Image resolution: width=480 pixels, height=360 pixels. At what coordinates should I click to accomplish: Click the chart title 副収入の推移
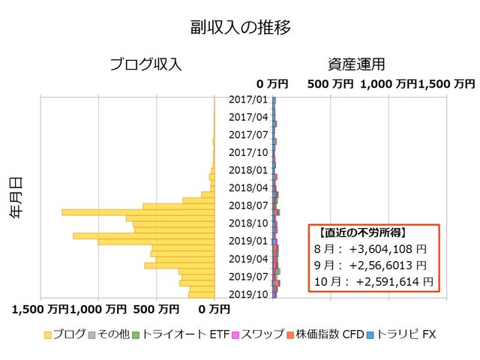240,27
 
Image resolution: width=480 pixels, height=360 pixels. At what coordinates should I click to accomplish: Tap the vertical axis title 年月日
16,197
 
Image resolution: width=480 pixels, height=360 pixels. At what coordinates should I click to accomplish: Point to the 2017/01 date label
248,99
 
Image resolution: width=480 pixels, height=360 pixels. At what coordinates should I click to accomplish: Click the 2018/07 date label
248,205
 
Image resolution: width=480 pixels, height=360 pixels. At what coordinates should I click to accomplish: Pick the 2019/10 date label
248,294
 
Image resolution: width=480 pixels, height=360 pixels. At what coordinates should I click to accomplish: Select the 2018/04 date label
248,187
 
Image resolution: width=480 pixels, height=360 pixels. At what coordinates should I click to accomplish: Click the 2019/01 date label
248,241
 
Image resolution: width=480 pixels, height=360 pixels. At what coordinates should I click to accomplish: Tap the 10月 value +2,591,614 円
394,282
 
